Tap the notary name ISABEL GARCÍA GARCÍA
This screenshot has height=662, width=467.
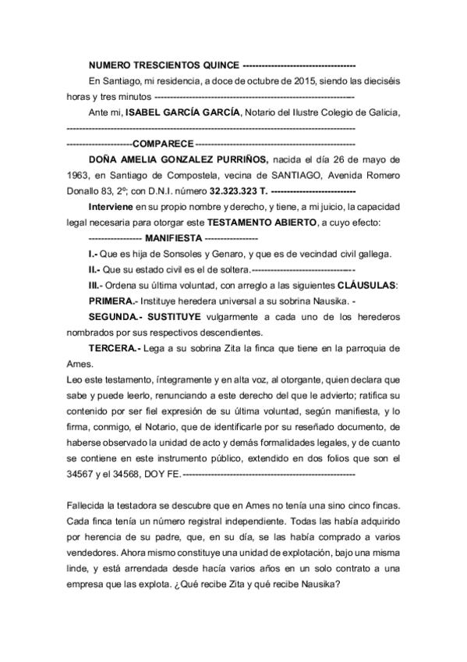[182, 112]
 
